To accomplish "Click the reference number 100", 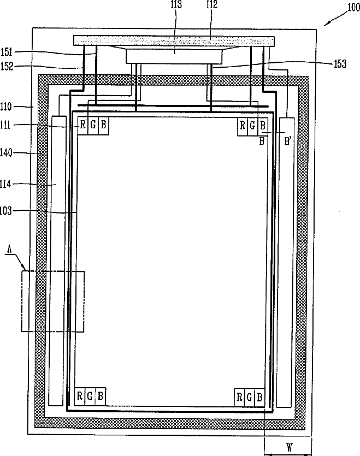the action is tap(354, 7).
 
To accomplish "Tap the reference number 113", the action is tap(176, 4).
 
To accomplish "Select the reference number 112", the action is tap(212, 4).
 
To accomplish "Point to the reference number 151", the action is tap(7, 52).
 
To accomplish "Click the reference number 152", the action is tap(7, 66).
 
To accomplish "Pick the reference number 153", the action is tap(340, 64).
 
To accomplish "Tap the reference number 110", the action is tap(6, 106).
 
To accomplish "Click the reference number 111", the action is tap(5, 125).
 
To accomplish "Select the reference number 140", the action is tap(6, 152).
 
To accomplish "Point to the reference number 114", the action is tap(5, 184).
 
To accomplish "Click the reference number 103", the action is tap(6, 211).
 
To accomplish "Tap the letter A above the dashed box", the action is tap(10, 249).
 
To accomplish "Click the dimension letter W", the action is tap(290, 447).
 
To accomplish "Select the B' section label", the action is tap(288, 141).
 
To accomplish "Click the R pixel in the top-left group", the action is tap(82, 125).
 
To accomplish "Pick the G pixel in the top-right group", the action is tap(252, 126).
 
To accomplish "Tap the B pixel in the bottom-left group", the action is tap(101, 396).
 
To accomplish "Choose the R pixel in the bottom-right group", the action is tap(239, 396).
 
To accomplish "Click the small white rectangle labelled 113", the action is tap(174, 56).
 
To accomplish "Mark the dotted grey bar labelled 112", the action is tap(174, 41).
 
